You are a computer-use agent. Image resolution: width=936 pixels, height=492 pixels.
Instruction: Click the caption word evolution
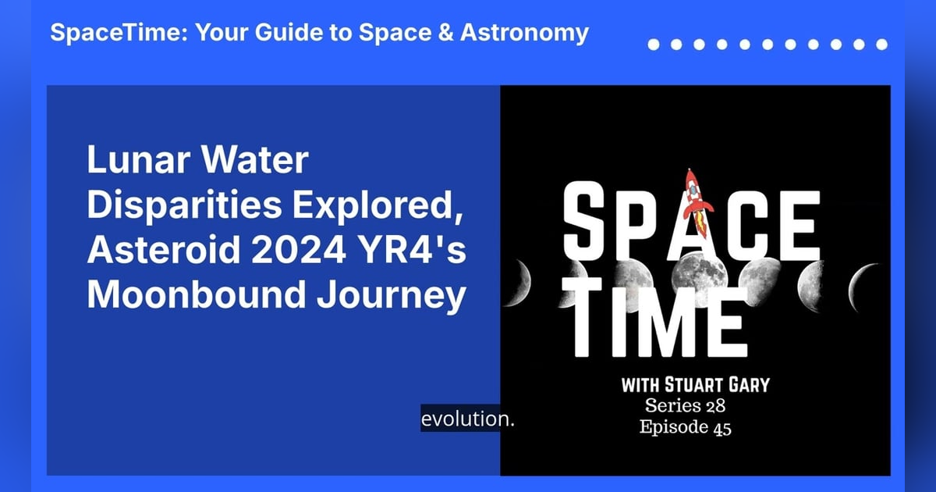[468, 419]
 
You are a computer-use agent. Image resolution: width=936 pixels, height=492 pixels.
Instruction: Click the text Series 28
[686, 406]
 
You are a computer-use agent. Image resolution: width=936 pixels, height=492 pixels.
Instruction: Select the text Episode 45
[686, 427]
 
